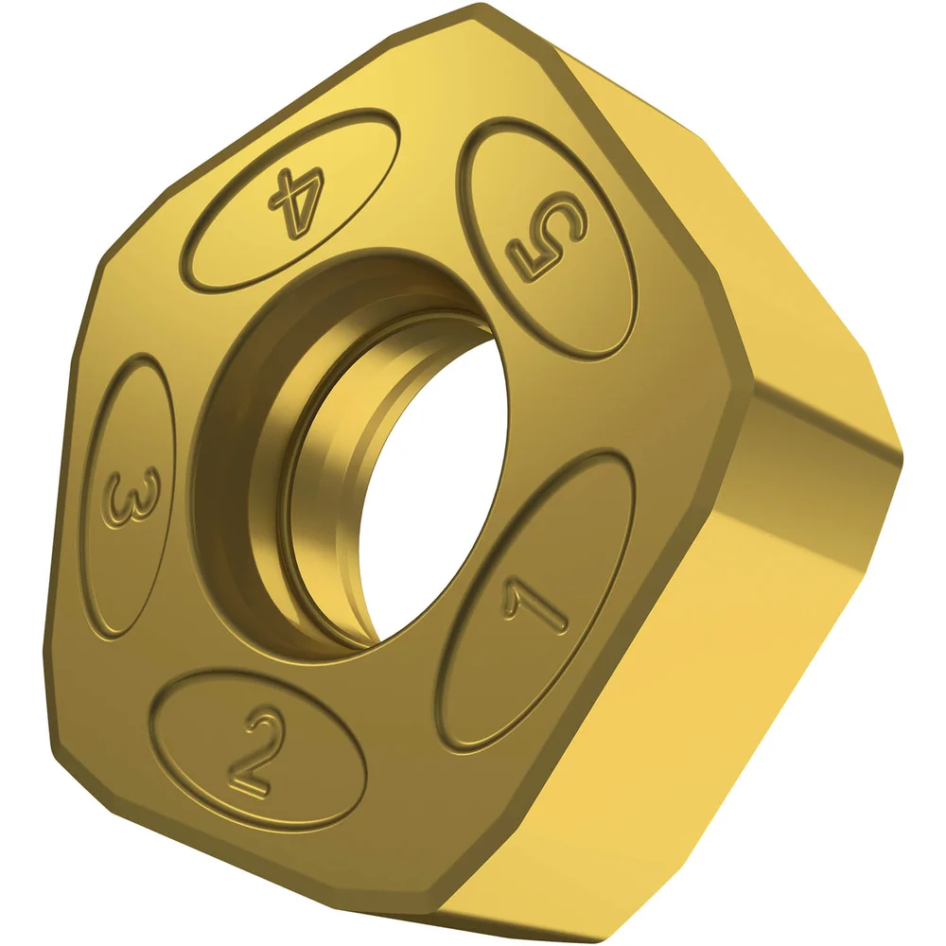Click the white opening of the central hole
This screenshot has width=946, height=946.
coord(430,492)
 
